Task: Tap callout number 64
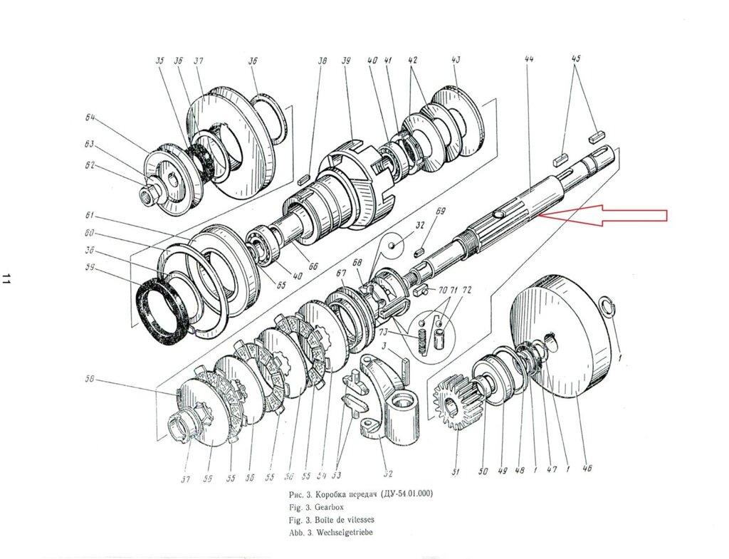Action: tap(90, 118)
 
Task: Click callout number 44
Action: tap(528, 60)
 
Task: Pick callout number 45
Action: tap(576, 60)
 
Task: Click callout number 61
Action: tap(90, 215)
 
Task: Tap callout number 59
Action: tap(90, 269)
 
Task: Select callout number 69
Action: tap(440, 211)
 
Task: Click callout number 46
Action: tap(587, 468)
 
